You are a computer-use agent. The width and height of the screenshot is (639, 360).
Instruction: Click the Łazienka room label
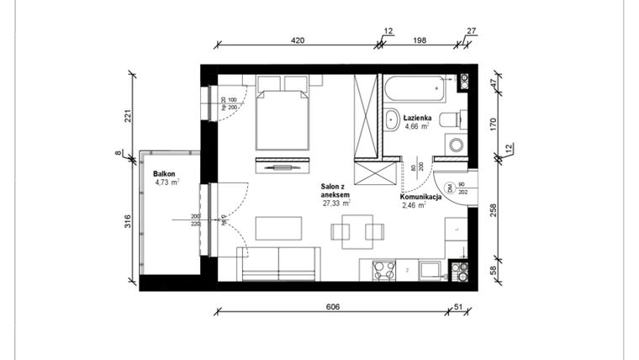(x=417, y=119)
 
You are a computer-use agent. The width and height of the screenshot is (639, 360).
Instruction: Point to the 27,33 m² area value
(x=336, y=203)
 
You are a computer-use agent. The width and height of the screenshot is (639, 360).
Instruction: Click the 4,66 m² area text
(x=417, y=128)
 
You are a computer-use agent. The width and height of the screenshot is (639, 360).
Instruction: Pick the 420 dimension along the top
(x=297, y=40)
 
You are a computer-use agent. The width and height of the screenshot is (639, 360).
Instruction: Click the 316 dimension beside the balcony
(x=128, y=222)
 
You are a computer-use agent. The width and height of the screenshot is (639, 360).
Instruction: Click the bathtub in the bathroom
(x=417, y=84)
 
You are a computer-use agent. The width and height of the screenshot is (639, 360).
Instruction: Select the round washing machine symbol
(x=457, y=146)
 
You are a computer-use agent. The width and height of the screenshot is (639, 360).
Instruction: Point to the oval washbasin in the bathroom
(x=393, y=119)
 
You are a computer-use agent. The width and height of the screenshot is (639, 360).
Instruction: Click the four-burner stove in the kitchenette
(x=383, y=271)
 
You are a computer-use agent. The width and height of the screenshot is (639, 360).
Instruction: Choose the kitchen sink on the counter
(x=430, y=270)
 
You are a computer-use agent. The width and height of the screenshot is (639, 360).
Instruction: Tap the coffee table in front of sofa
(x=278, y=229)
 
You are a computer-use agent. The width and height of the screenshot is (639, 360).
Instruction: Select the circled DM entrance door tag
(x=451, y=190)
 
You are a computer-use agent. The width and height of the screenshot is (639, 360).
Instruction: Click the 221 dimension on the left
(x=128, y=116)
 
